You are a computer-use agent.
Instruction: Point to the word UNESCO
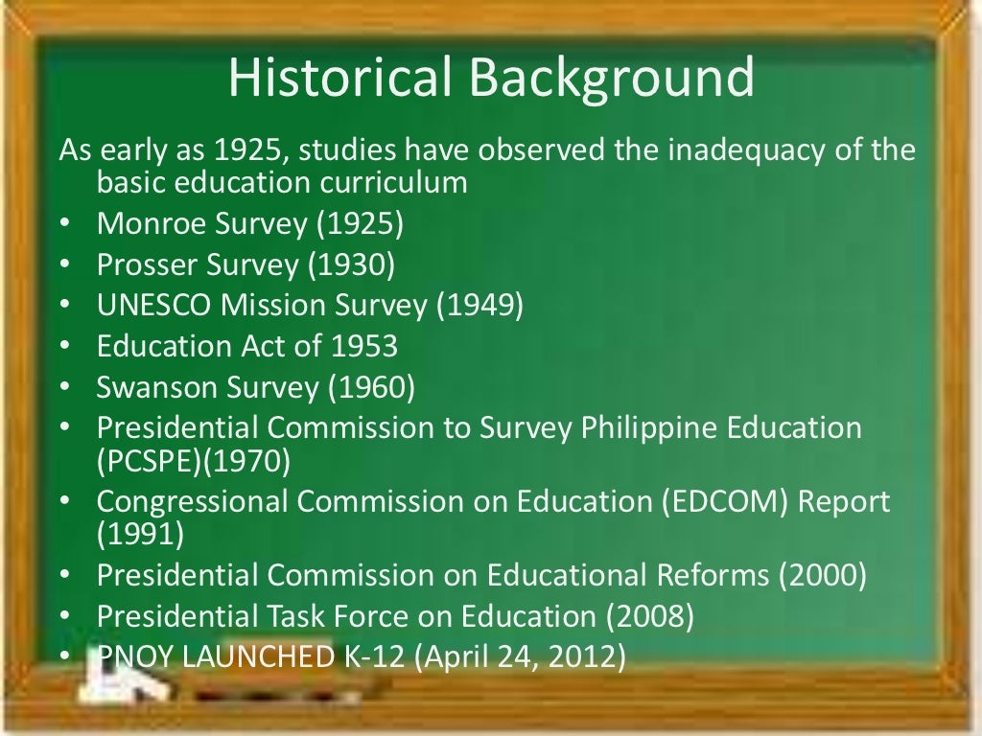[154, 305]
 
